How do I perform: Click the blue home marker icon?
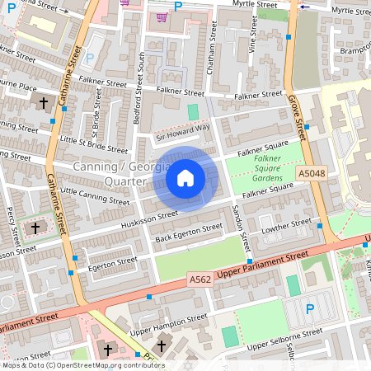(185, 177)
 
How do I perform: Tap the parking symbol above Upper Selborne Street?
(310, 309)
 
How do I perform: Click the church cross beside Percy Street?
(35, 228)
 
